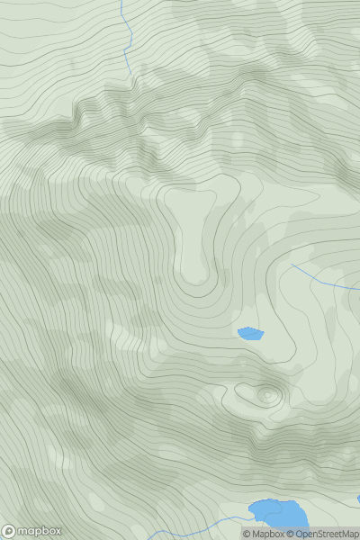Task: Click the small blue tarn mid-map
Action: click(x=250, y=334)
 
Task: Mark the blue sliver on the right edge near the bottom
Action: click(x=357, y=499)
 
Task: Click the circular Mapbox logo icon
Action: click(x=9, y=531)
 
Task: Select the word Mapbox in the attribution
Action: click(x=267, y=534)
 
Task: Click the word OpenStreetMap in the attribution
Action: click(x=326, y=534)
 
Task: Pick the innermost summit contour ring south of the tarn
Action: click(x=267, y=394)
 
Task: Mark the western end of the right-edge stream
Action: click(x=291, y=265)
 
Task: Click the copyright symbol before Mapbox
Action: click(x=246, y=534)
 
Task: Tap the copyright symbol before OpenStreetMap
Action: click(x=290, y=534)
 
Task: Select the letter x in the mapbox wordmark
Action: click(x=57, y=531)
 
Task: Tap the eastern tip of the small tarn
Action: click(x=263, y=333)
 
